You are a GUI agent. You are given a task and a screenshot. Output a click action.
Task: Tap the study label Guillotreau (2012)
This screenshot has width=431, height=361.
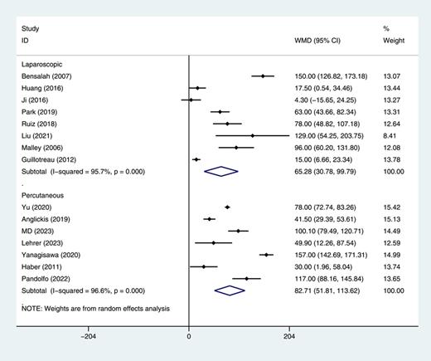pos(50,159)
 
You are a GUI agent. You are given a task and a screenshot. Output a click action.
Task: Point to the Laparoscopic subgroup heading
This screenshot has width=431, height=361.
pos(44,63)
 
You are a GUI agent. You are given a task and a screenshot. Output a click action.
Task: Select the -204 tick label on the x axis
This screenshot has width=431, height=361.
pos(88,337)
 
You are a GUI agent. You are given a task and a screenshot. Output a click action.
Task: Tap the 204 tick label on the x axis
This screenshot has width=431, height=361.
pos(289,337)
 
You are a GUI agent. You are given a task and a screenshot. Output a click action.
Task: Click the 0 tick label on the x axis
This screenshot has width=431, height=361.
pos(189,337)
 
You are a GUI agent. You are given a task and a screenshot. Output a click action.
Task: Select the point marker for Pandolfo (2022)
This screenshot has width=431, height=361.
pos(246,279)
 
